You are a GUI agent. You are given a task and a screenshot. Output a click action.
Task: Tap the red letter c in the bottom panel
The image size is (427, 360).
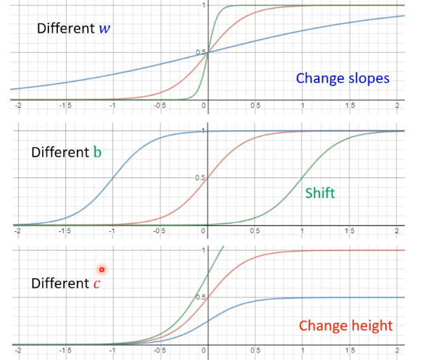[x=97, y=283]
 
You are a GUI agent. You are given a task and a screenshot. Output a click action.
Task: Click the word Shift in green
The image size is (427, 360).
[x=320, y=193]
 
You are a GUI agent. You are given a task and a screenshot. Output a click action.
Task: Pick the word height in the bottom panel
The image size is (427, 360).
[x=372, y=325]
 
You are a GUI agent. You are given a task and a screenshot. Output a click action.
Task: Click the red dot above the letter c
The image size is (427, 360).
[x=101, y=269]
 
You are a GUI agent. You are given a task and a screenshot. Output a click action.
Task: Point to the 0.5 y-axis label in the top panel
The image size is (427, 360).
[x=200, y=52]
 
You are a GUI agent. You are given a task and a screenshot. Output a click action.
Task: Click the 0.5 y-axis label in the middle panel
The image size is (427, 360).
[x=200, y=178]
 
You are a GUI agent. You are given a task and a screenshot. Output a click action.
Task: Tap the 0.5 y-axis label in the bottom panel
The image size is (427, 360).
[x=200, y=297]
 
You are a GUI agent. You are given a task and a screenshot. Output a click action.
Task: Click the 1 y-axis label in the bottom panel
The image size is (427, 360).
[x=203, y=250]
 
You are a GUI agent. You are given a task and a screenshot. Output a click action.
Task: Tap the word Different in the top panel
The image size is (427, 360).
[x=63, y=29]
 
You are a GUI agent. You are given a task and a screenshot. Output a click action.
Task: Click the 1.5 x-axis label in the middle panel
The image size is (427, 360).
[x=349, y=230]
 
